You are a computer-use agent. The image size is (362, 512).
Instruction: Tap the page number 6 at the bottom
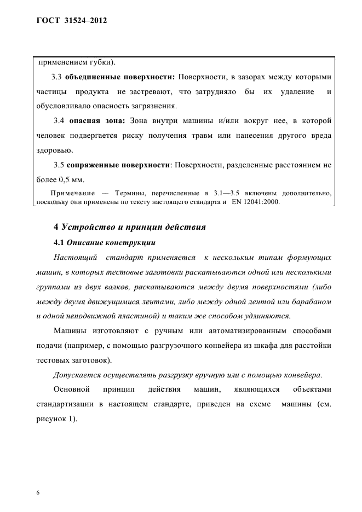38,478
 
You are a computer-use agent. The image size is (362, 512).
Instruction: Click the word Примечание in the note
72,193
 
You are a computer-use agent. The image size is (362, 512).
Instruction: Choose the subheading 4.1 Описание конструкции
104,242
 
